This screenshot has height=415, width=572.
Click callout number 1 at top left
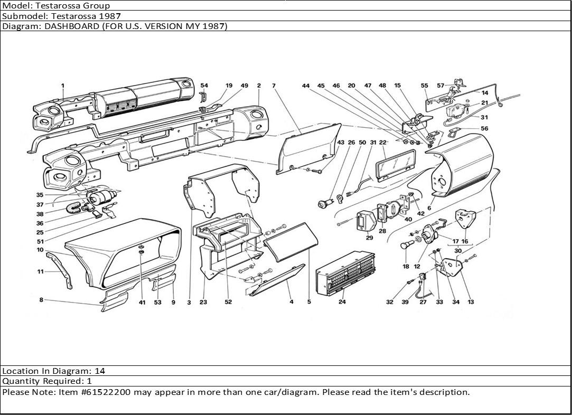point(62,86)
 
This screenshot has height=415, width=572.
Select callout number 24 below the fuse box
point(342,303)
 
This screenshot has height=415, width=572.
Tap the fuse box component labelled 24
point(345,272)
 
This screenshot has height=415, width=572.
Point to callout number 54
point(204,86)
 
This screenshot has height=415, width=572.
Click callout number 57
point(440,86)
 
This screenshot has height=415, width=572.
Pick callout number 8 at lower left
point(41,300)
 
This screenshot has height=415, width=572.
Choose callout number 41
point(142,303)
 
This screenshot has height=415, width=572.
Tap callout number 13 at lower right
point(471,303)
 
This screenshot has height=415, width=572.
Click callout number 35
point(40,195)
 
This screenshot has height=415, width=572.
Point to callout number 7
point(274,86)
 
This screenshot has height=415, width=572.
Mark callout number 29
point(369,238)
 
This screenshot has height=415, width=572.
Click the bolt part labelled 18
point(407,246)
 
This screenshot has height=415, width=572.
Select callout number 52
point(228,303)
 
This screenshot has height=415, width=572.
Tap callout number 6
point(429,209)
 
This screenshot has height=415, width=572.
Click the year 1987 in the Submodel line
point(110,16)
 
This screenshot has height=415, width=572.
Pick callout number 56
point(484,128)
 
